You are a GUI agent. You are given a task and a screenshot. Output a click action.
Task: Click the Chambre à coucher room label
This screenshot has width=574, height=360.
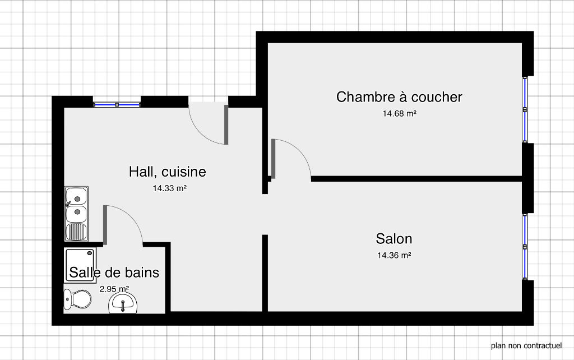[399, 97]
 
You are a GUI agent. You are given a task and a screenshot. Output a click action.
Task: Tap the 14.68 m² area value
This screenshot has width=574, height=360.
[399, 113]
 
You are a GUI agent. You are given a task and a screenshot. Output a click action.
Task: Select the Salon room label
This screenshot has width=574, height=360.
[394, 239]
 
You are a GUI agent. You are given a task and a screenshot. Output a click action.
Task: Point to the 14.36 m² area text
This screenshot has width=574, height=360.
[394, 255]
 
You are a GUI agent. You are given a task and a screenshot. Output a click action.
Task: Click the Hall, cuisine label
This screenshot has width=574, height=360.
[167, 172]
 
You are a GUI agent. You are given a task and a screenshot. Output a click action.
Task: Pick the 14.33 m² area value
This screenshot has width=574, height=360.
[169, 188]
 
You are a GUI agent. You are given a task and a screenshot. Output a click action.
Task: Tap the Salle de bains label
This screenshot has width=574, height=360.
[114, 273]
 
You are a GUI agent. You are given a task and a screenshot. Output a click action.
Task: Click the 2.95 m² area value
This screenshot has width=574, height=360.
[114, 289]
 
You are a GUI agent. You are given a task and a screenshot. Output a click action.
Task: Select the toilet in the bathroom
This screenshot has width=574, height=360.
[77, 299]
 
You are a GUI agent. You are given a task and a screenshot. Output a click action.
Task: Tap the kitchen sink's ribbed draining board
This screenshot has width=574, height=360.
[76, 232]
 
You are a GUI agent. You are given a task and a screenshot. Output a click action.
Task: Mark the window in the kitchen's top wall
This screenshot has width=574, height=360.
[117, 105]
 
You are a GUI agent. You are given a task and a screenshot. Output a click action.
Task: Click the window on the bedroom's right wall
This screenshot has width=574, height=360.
[525, 109]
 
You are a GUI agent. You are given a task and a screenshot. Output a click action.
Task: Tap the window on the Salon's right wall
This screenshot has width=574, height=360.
[525, 247]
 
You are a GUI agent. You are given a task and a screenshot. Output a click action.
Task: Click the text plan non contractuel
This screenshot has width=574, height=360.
[526, 345]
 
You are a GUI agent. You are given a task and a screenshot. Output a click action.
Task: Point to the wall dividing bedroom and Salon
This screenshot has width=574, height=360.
[416, 179]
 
